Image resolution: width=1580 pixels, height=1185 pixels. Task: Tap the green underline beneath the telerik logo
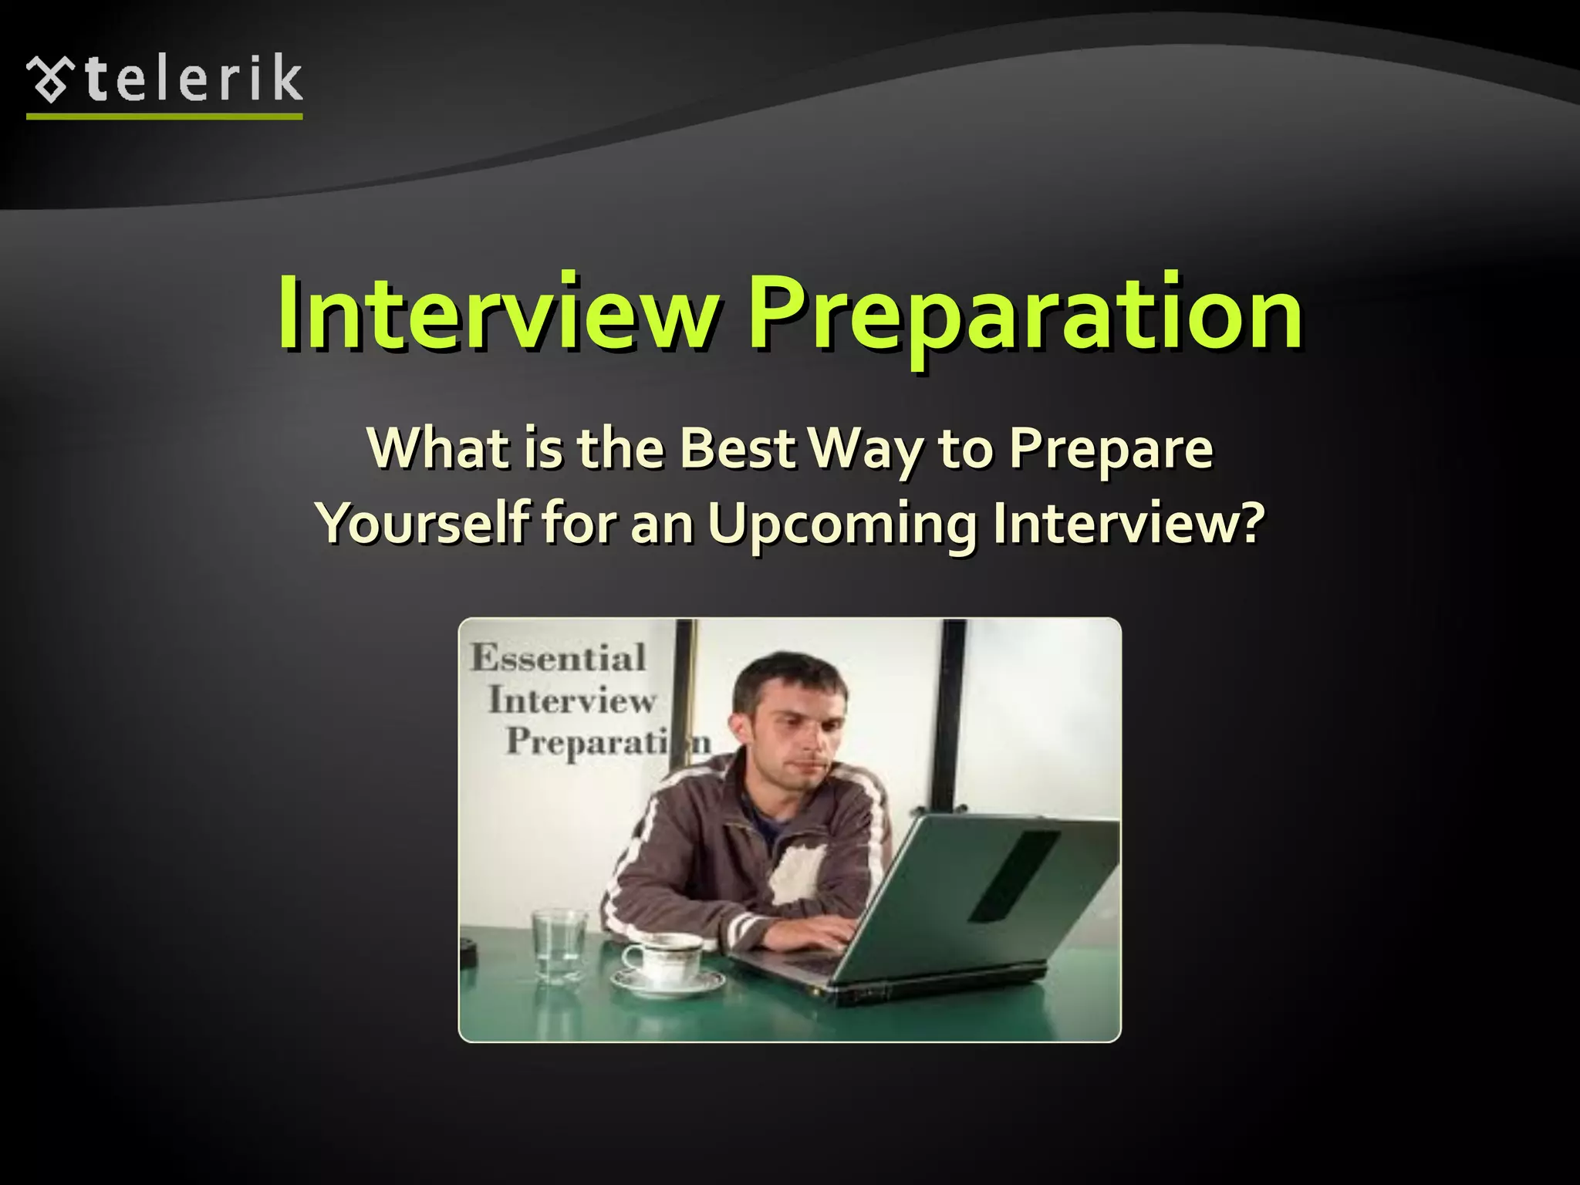pyautogui.click(x=164, y=116)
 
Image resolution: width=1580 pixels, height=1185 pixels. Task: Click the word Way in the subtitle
pyautogui.click(x=868, y=450)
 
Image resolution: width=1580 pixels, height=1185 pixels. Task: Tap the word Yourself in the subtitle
pyautogui.click(x=423, y=523)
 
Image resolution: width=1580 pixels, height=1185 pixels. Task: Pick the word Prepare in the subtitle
pyautogui.click(x=1111, y=450)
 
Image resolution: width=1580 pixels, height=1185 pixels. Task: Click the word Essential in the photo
pyautogui.click(x=559, y=658)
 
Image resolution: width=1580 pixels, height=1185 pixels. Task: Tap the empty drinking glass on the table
pyautogui.click(x=559, y=946)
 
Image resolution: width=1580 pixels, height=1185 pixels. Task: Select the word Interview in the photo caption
pyautogui.click(x=572, y=701)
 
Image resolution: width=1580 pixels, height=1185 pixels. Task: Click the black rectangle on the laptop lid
pyautogui.click(x=1012, y=876)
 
